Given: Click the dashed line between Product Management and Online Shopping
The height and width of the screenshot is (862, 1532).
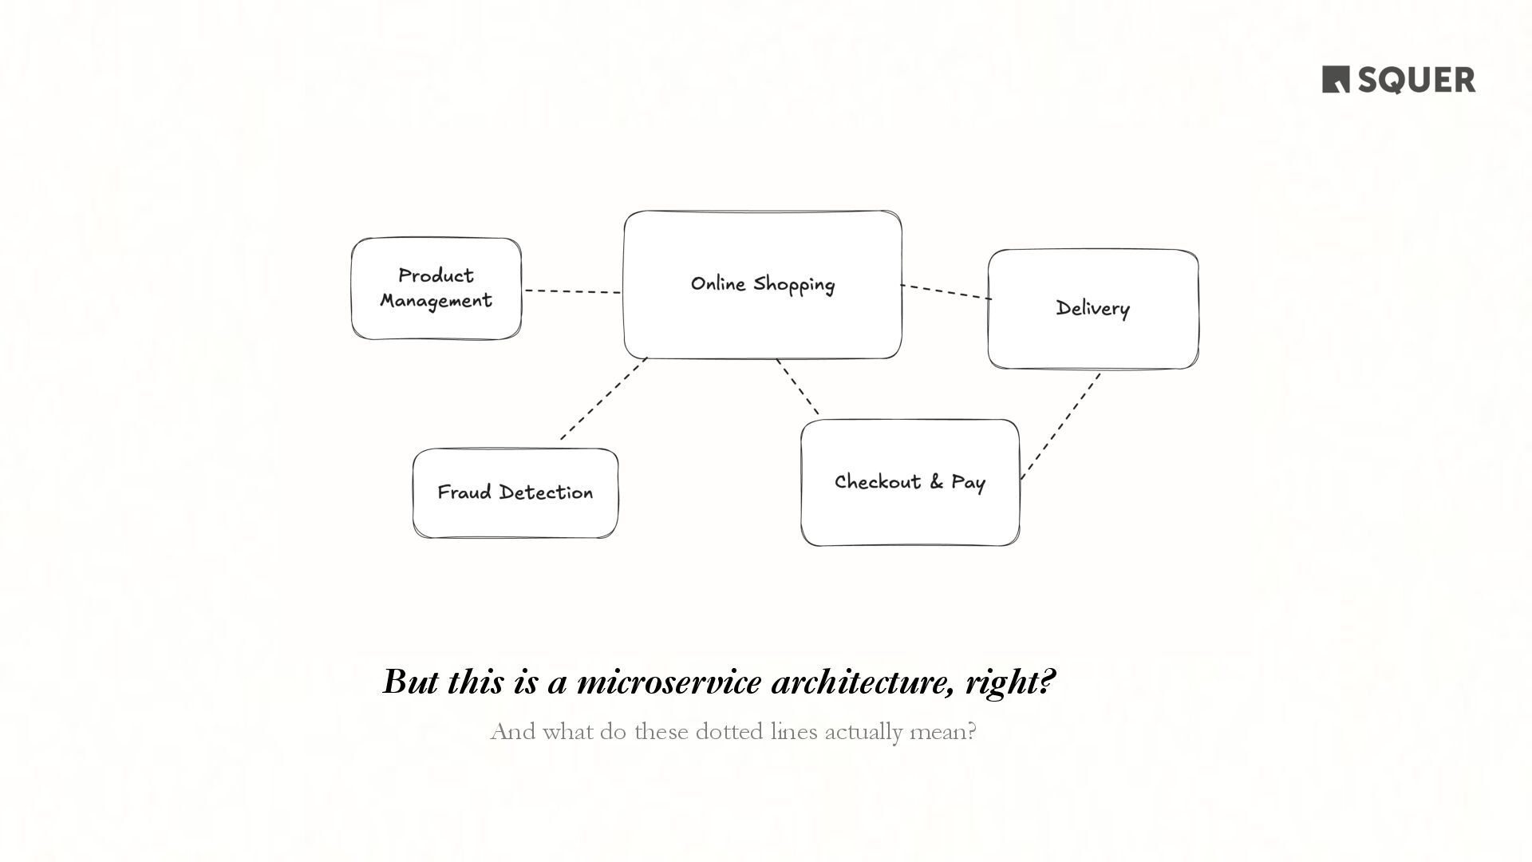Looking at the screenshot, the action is pyautogui.click(x=572, y=291).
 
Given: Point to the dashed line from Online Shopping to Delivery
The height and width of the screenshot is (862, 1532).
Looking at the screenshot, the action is pyautogui.click(x=946, y=292).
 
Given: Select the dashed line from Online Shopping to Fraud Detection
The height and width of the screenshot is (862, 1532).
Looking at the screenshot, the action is pyautogui.click(x=603, y=399).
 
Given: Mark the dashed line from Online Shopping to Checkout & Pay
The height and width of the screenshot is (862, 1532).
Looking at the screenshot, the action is pyautogui.click(x=798, y=387).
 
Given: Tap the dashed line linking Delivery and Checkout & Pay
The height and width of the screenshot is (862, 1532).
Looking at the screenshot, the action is pyautogui.click(x=1060, y=426).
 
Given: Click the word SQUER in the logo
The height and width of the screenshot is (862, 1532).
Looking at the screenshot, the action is pyautogui.click(x=1416, y=81).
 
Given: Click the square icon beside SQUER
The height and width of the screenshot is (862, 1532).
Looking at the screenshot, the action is pyautogui.click(x=1336, y=80).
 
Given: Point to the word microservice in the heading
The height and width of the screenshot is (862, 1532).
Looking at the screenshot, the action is pyautogui.click(x=668, y=682).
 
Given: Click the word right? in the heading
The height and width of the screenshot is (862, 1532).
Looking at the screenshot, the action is pyautogui.click(x=1010, y=682).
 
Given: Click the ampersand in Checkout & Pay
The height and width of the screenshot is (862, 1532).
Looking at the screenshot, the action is pyautogui.click(x=936, y=481).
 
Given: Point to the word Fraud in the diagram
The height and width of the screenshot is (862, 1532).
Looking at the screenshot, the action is pyautogui.click(x=464, y=492).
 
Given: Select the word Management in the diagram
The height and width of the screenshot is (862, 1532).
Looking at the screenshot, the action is pyautogui.click(x=436, y=301).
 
